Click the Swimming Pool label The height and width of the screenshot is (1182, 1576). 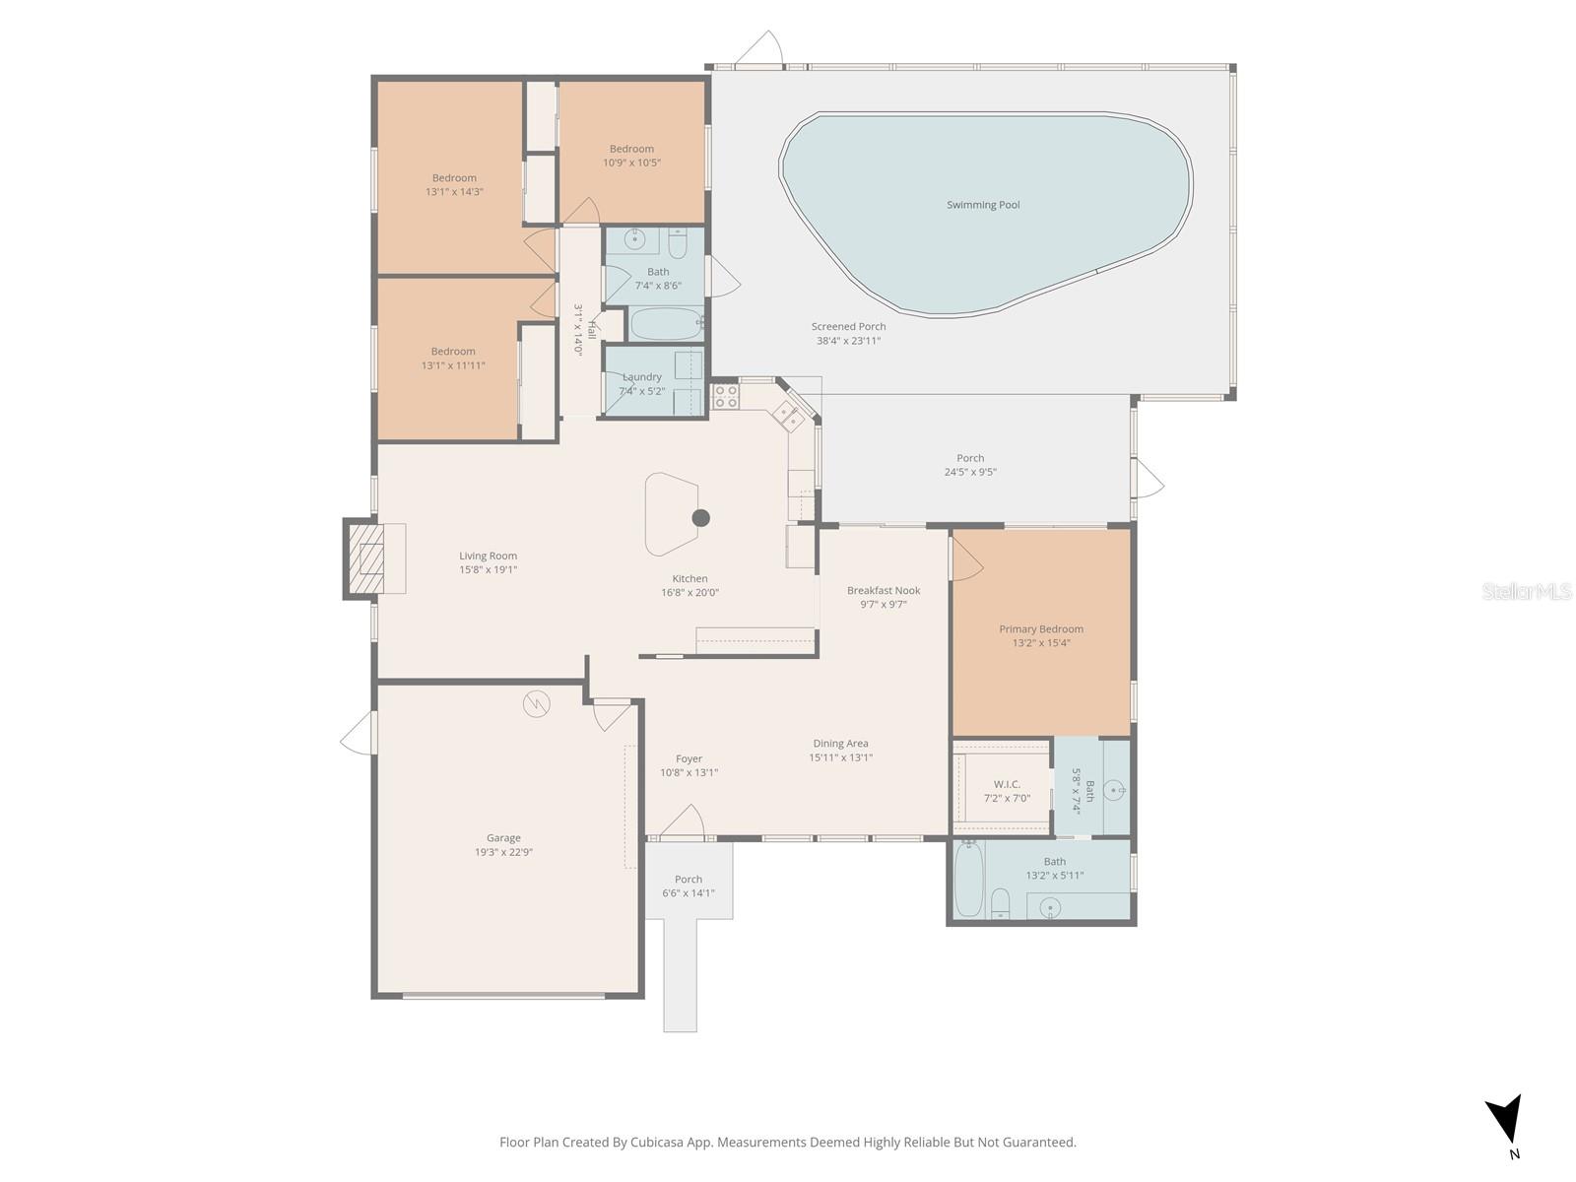(x=983, y=205)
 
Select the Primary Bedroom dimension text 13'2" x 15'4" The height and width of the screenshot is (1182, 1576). (x=1041, y=643)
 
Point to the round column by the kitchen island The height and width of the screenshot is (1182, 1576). (x=700, y=518)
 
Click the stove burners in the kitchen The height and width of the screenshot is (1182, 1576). (x=726, y=396)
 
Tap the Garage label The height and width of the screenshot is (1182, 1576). (x=503, y=838)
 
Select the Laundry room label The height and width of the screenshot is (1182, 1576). (x=642, y=377)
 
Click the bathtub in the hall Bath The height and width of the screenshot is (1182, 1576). (x=665, y=323)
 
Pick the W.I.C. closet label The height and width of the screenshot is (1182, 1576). (x=1007, y=784)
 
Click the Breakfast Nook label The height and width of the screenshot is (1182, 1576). (x=884, y=591)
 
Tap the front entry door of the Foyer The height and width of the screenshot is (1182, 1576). (x=682, y=823)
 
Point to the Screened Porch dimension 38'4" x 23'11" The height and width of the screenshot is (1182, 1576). (x=848, y=341)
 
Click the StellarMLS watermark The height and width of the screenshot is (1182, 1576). (x=1527, y=591)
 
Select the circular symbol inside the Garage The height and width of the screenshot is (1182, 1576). (x=537, y=703)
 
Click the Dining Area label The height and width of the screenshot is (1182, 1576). (x=840, y=744)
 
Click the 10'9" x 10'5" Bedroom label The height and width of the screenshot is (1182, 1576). (x=631, y=149)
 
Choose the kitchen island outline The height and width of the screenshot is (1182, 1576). (x=670, y=513)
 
